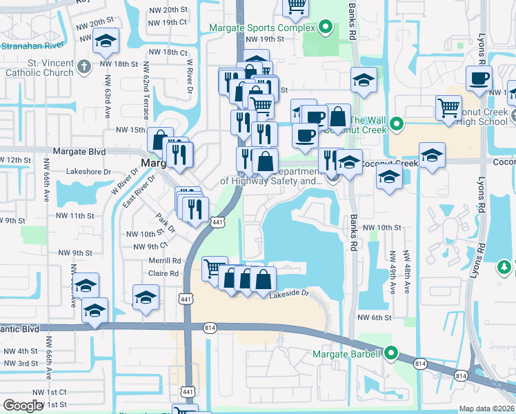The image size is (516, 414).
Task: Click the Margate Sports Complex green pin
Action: click(x=327, y=28)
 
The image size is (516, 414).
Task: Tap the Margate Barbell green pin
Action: click(x=391, y=354)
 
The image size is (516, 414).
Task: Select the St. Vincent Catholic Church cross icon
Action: click(x=84, y=67)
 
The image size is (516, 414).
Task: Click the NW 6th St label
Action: click(x=374, y=317)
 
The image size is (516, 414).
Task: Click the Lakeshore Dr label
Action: click(x=88, y=171)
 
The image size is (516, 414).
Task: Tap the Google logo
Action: click(x=23, y=406)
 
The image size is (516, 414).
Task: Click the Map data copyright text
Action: click(x=487, y=408)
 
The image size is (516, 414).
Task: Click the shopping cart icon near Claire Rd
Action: click(x=214, y=268)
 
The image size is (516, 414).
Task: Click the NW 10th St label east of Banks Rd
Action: click(x=381, y=227)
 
